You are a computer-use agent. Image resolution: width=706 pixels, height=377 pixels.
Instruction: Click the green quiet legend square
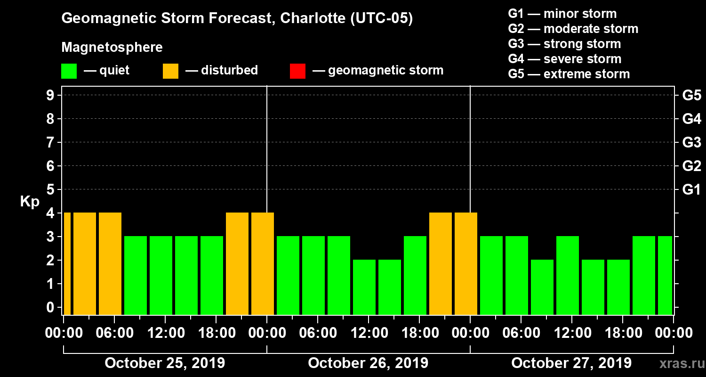click(x=69, y=71)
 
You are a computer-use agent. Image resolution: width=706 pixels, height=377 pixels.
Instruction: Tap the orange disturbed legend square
click(x=170, y=71)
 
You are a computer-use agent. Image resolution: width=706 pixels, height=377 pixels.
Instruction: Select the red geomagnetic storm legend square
click(x=297, y=71)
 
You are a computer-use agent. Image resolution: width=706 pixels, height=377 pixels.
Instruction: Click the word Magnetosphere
click(x=112, y=48)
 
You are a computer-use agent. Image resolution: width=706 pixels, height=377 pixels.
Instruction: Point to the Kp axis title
click(x=30, y=201)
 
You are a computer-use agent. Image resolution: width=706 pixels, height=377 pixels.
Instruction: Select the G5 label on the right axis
click(x=691, y=96)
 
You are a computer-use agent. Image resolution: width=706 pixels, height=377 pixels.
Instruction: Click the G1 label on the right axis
click(x=691, y=190)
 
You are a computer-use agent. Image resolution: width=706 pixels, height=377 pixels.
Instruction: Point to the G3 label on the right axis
click(x=691, y=143)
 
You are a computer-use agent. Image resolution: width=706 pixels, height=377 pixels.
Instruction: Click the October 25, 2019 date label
click(x=165, y=363)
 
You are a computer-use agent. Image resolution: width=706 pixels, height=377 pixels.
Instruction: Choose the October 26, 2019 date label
click(x=368, y=363)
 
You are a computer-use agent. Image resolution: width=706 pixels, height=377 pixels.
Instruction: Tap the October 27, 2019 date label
click(x=571, y=363)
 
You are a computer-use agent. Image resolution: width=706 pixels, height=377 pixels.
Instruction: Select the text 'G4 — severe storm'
click(x=564, y=59)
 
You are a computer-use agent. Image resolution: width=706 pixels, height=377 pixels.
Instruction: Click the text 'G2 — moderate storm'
click(x=573, y=29)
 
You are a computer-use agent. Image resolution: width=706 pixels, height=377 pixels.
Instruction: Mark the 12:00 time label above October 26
click(x=368, y=333)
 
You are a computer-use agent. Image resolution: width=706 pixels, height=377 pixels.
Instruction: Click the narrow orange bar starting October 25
click(x=67, y=263)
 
